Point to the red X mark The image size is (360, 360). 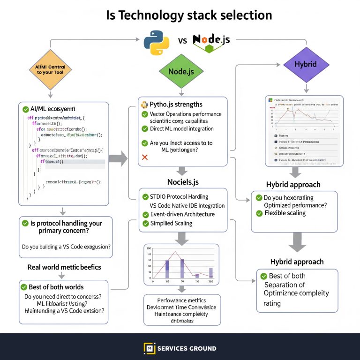tap(144, 158)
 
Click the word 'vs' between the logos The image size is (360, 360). tap(182, 40)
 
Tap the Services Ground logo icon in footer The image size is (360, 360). tap(149, 348)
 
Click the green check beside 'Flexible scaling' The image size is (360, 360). tap(259, 213)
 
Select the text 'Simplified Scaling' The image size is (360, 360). tap(171, 223)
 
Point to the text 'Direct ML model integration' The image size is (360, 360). tap(181, 128)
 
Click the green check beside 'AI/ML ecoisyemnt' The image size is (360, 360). tap(26, 109)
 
